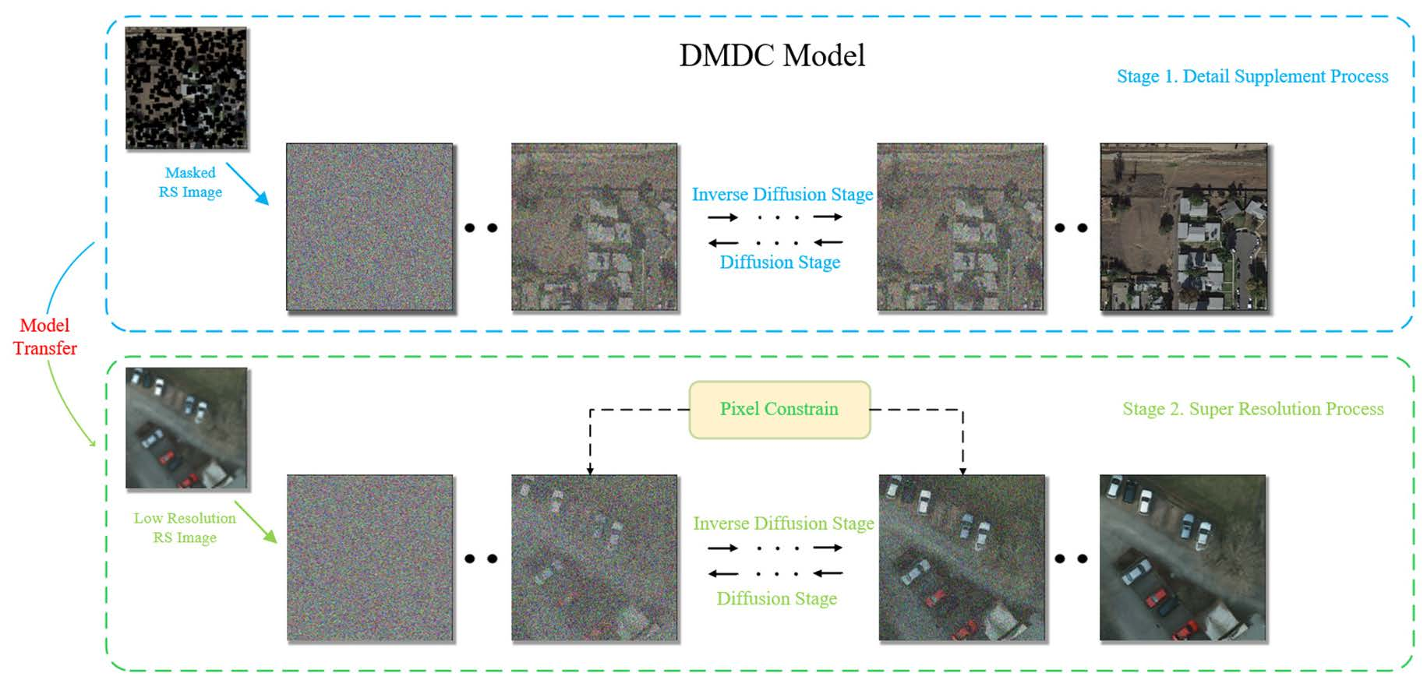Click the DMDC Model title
click(772, 55)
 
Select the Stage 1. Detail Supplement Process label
click(1252, 76)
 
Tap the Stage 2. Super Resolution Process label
click(1252, 409)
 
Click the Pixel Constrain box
click(779, 410)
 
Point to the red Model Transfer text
click(45, 336)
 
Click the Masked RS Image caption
click(190, 182)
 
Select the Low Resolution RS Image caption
click(185, 527)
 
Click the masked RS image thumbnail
click(186, 88)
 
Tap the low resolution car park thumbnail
click(186, 428)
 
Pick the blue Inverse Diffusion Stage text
click(782, 194)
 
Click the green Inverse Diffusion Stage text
click(783, 523)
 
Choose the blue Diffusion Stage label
click(779, 262)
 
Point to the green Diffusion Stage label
click(776, 598)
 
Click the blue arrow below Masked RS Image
click(248, 184)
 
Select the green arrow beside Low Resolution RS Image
click(256, 522)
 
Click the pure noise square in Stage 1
click(369, 227)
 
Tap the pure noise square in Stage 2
click(369, 558)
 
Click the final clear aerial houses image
click(1183, 227)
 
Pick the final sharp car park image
click(1182, 558)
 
